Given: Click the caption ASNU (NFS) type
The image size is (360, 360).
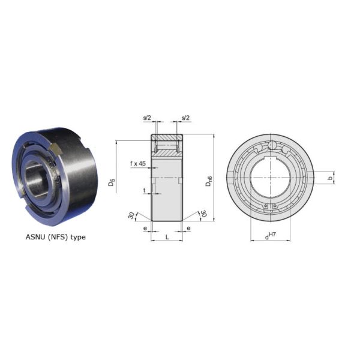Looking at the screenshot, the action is click(x=56, y=237).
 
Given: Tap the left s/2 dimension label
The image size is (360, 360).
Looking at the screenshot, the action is click(x=147, y=118).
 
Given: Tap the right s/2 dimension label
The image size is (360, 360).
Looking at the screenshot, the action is click(x=186, y=118).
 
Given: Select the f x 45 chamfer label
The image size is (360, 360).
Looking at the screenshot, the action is click(x=138, y=163).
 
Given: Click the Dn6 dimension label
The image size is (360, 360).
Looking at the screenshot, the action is click(x=209, y=181).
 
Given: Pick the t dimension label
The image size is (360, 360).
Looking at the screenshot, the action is click(x=145, y=190).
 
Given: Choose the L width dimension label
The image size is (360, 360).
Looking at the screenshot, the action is click(x=167, y=237).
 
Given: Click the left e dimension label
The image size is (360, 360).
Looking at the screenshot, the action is click(x=145, y=228).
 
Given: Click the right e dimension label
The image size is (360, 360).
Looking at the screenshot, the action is click(x=188, y=228).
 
